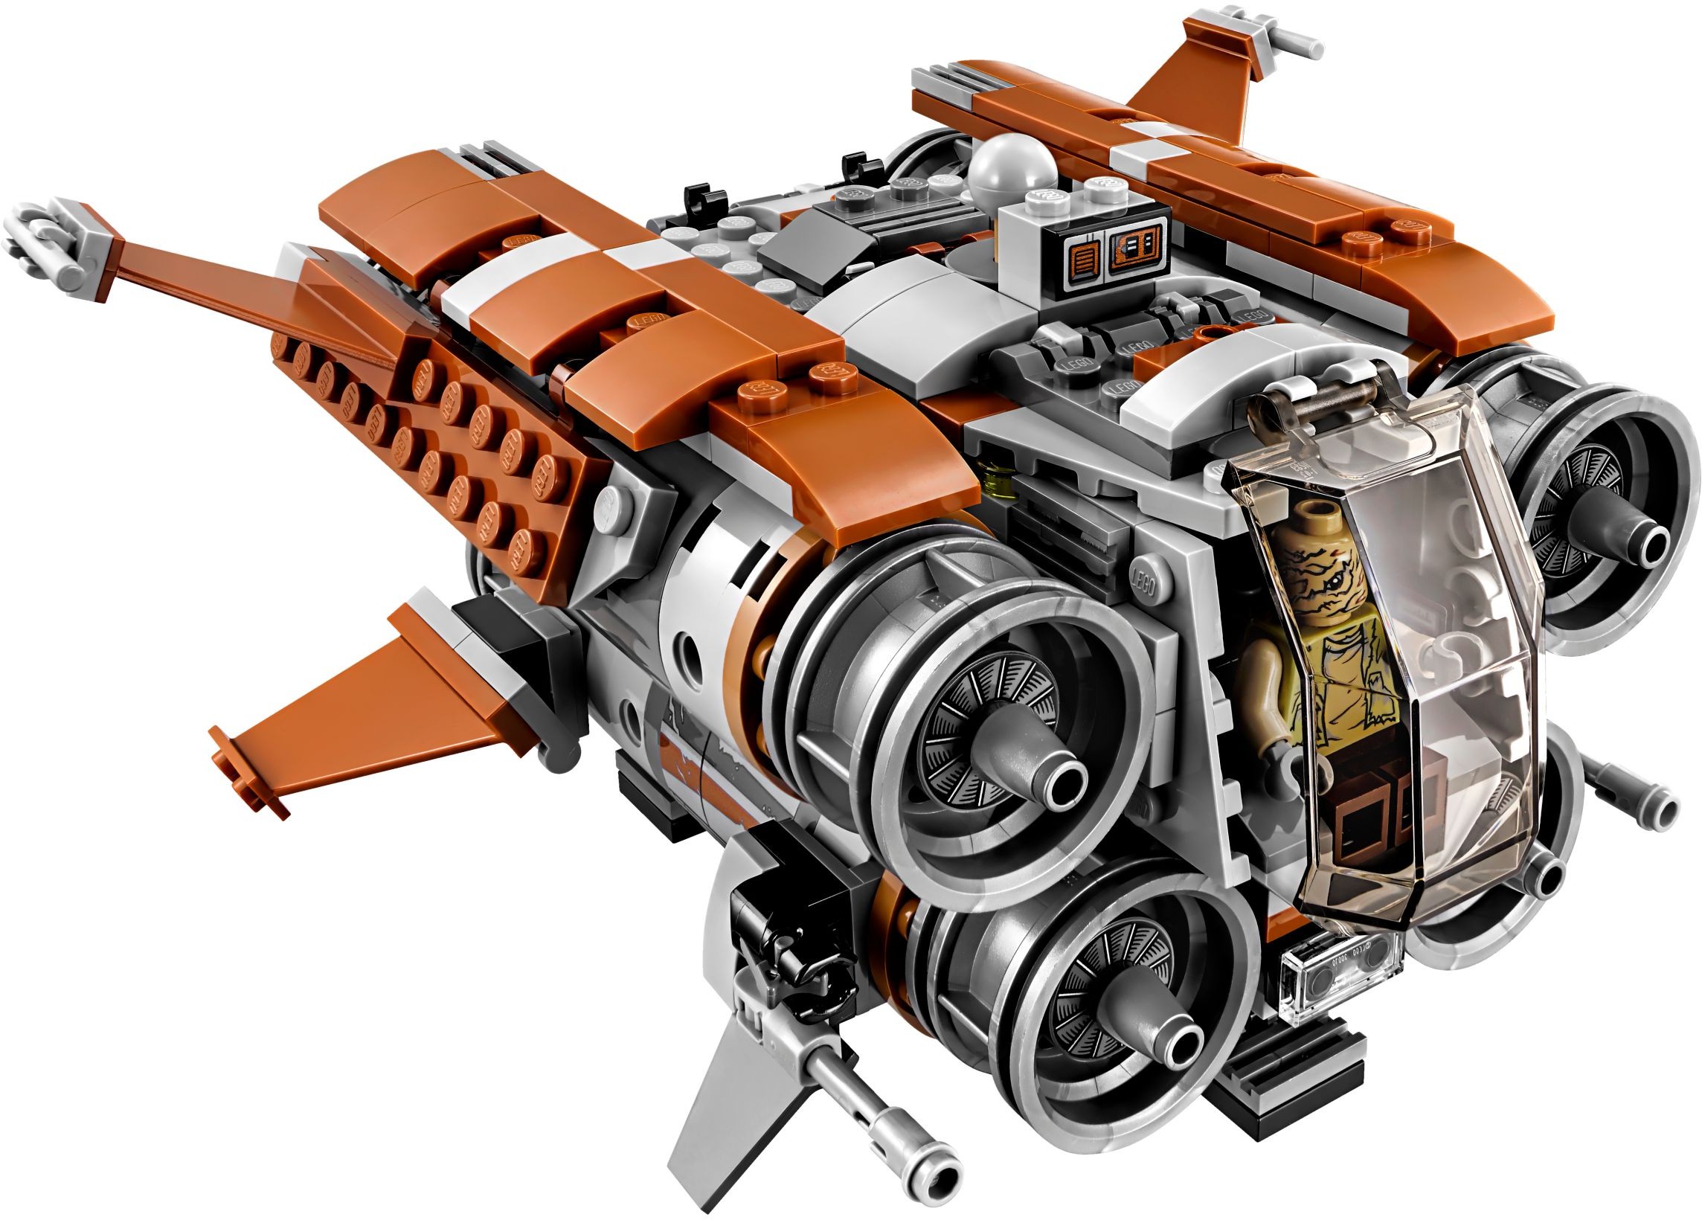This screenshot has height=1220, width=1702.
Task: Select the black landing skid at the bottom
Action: pyautogui.click(x=1291, y=1080)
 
